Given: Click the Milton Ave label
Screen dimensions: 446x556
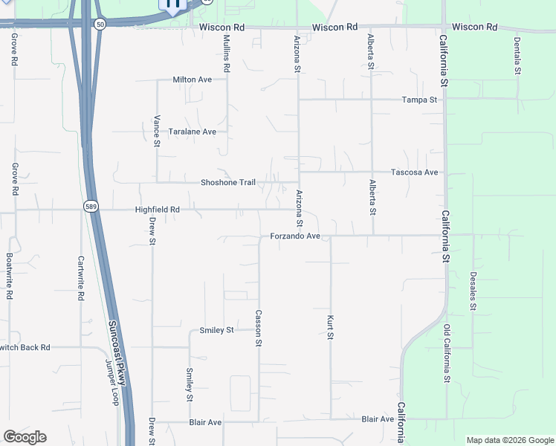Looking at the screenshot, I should click(193, 80).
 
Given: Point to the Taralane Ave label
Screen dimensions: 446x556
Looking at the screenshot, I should click(192, 132).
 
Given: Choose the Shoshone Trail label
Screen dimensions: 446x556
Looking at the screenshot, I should click(228, 183).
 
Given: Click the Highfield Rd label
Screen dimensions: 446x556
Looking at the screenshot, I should click(158, 210).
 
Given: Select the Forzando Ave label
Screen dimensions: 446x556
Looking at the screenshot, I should click(294, 236).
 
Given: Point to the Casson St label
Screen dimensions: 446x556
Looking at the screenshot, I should click(259, 329).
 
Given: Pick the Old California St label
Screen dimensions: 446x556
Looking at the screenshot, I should click(447, 353).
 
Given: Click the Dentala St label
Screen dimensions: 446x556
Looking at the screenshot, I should click(517, 56).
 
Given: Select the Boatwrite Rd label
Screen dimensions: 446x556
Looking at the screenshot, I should click(9, 276).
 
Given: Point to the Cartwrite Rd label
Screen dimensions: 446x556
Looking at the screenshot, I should click(81, 278).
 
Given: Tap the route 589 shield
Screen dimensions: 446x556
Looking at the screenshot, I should click(91, 207).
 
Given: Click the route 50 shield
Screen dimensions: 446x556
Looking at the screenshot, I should click(99, 25).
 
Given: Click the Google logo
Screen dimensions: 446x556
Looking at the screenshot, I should click(25, 437).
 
